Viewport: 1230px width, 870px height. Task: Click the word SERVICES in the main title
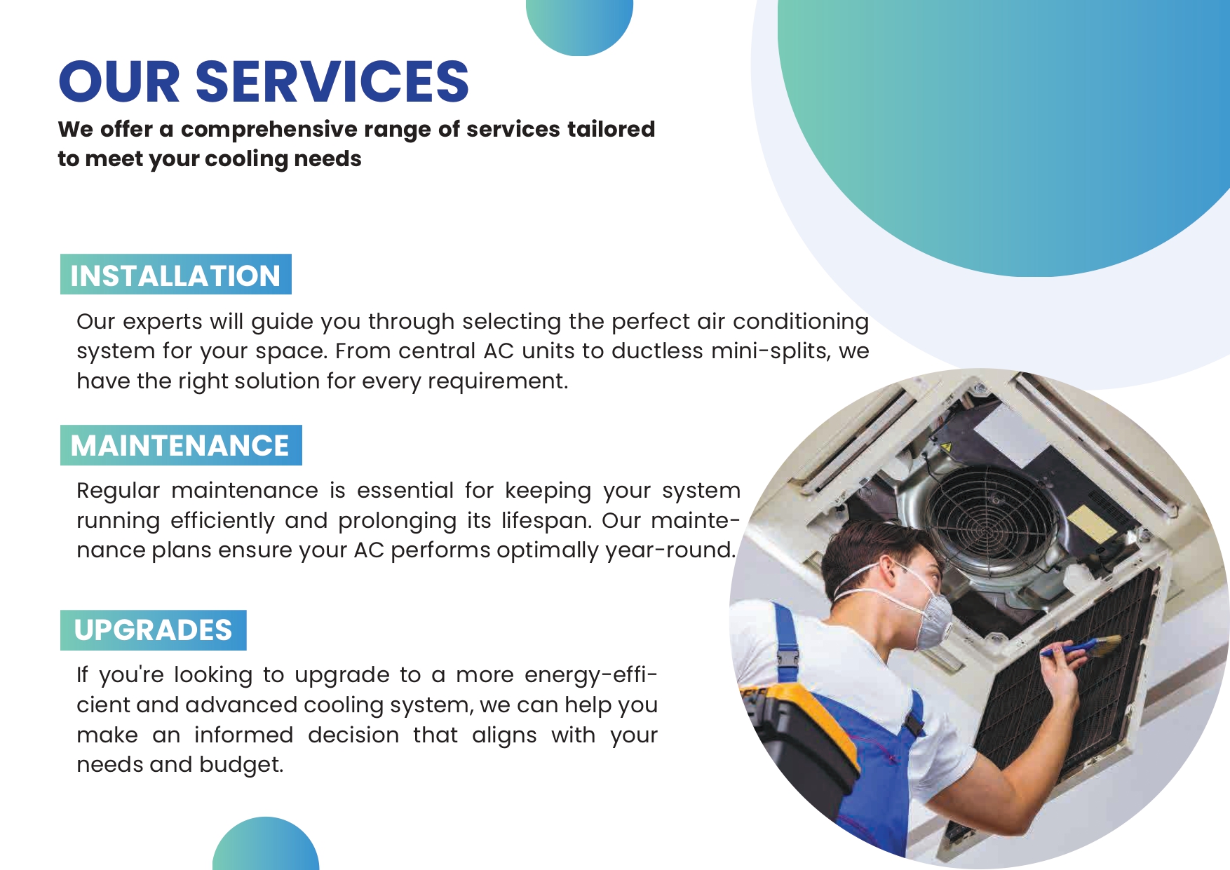(332, 81)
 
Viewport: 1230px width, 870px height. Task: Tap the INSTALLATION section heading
(175, 275)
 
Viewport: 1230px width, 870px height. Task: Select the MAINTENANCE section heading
(180, 445)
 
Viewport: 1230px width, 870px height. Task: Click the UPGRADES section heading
(153, 630)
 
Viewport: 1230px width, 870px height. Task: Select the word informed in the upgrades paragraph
(243, 735)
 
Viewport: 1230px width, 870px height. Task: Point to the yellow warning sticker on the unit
(946, 447)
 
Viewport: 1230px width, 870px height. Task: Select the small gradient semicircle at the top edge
(579, 25)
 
